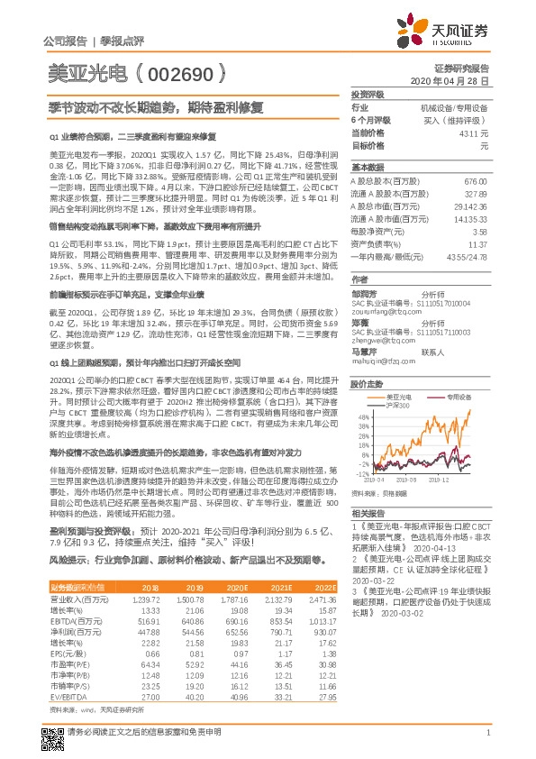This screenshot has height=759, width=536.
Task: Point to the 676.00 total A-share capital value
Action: [x=475, y=181]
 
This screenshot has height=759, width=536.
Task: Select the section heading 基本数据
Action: [x=368, y=168]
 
